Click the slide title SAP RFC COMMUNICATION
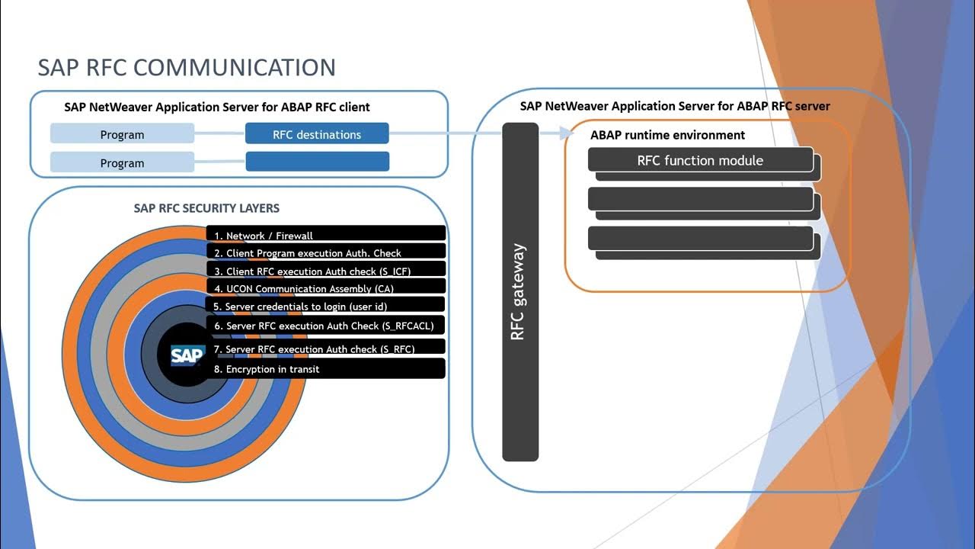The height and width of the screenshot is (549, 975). click(187, 68)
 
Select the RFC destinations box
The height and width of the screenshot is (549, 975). click(317, 133)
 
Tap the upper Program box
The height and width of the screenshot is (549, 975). click(122, 133)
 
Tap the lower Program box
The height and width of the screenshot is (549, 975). click(122, 162)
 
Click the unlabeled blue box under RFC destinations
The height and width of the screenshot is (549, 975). click(318, 161)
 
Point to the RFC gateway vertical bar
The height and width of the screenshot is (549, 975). click(520, 291)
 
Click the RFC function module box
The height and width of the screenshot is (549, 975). click(700, 160)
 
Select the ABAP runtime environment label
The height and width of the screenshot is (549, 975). click(667, 135)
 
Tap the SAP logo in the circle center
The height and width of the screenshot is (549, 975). click(187, 355)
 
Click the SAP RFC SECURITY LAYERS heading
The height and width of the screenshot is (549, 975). click(206, 208)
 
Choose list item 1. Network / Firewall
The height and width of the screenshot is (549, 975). click(326, 233)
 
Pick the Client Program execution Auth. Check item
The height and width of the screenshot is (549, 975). click(326, 252)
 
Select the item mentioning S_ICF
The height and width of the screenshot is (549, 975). click(326, 269)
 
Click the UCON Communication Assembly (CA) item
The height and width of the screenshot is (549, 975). click(326, 286)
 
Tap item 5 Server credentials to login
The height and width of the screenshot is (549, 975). click(325, 304)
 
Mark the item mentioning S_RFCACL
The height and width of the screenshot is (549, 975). click(325, 326)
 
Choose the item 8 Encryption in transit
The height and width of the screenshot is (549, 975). click(325, 368)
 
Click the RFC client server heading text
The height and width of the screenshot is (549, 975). click(217, 108)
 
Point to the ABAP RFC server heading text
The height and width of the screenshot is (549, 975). click(675, 106)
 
